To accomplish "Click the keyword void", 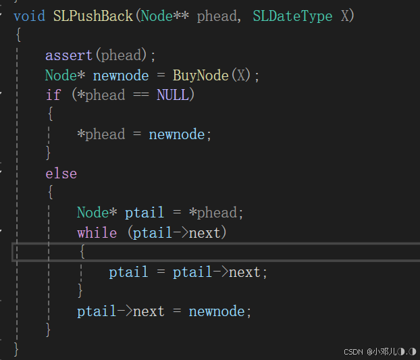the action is [x=28, y=16].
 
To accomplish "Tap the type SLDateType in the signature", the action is [x=292, y=16].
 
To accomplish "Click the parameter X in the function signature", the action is [x=344, y=16].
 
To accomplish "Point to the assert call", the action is [x=69, y=55].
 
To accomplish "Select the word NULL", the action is [x=172, y=95].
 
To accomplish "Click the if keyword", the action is [x=53, y=95].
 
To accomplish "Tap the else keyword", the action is [x=61, y=174].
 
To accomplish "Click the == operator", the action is [x=140, y=95].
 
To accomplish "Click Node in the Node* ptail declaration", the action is [x=93, y=213].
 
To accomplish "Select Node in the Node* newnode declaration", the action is [x=61, y=75].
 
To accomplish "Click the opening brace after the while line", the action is [x=82, y=253].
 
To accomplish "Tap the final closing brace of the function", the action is [x=17, y=349].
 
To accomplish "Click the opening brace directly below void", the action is [x=17, y=35].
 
